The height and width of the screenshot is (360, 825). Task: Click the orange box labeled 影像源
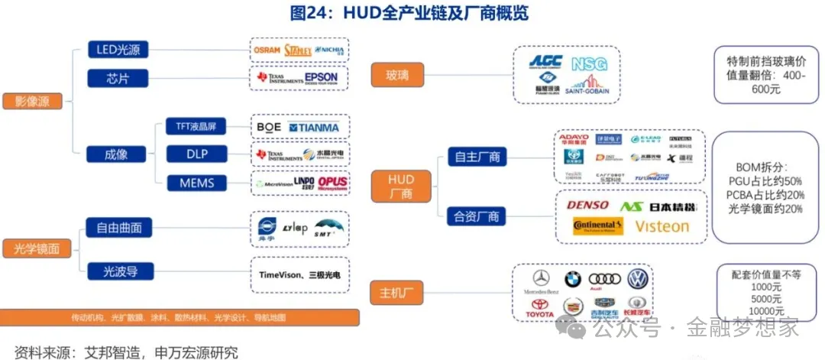tap(31, 102)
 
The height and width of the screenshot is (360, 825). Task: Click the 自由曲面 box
tap(119, 227)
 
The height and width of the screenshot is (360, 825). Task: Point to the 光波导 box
tap(119, 271)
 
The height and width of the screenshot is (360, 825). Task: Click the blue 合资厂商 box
tap(477, 217)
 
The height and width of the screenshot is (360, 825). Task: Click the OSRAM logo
tap(267, 50)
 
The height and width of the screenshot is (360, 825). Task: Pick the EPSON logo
tap(321, 78)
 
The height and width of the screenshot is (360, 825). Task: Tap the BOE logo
tap(269, 127)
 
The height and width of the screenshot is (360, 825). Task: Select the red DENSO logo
tap(587, 205)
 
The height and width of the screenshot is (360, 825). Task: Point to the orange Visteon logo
tap(662, 226)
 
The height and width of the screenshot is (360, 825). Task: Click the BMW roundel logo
tap(573, 280)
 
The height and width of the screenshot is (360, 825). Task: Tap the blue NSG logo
tap(589, 64)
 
